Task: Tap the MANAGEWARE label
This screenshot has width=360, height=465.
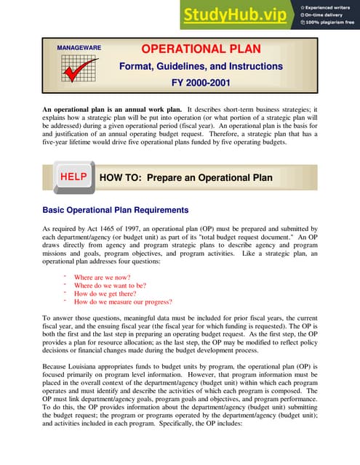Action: (x=78, y=49)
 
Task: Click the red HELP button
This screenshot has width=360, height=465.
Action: (x=73, y=177)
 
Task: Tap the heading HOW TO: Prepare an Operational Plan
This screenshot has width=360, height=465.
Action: (x=185, y=178)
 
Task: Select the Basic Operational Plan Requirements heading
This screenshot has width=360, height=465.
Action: (x=116, y=210)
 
